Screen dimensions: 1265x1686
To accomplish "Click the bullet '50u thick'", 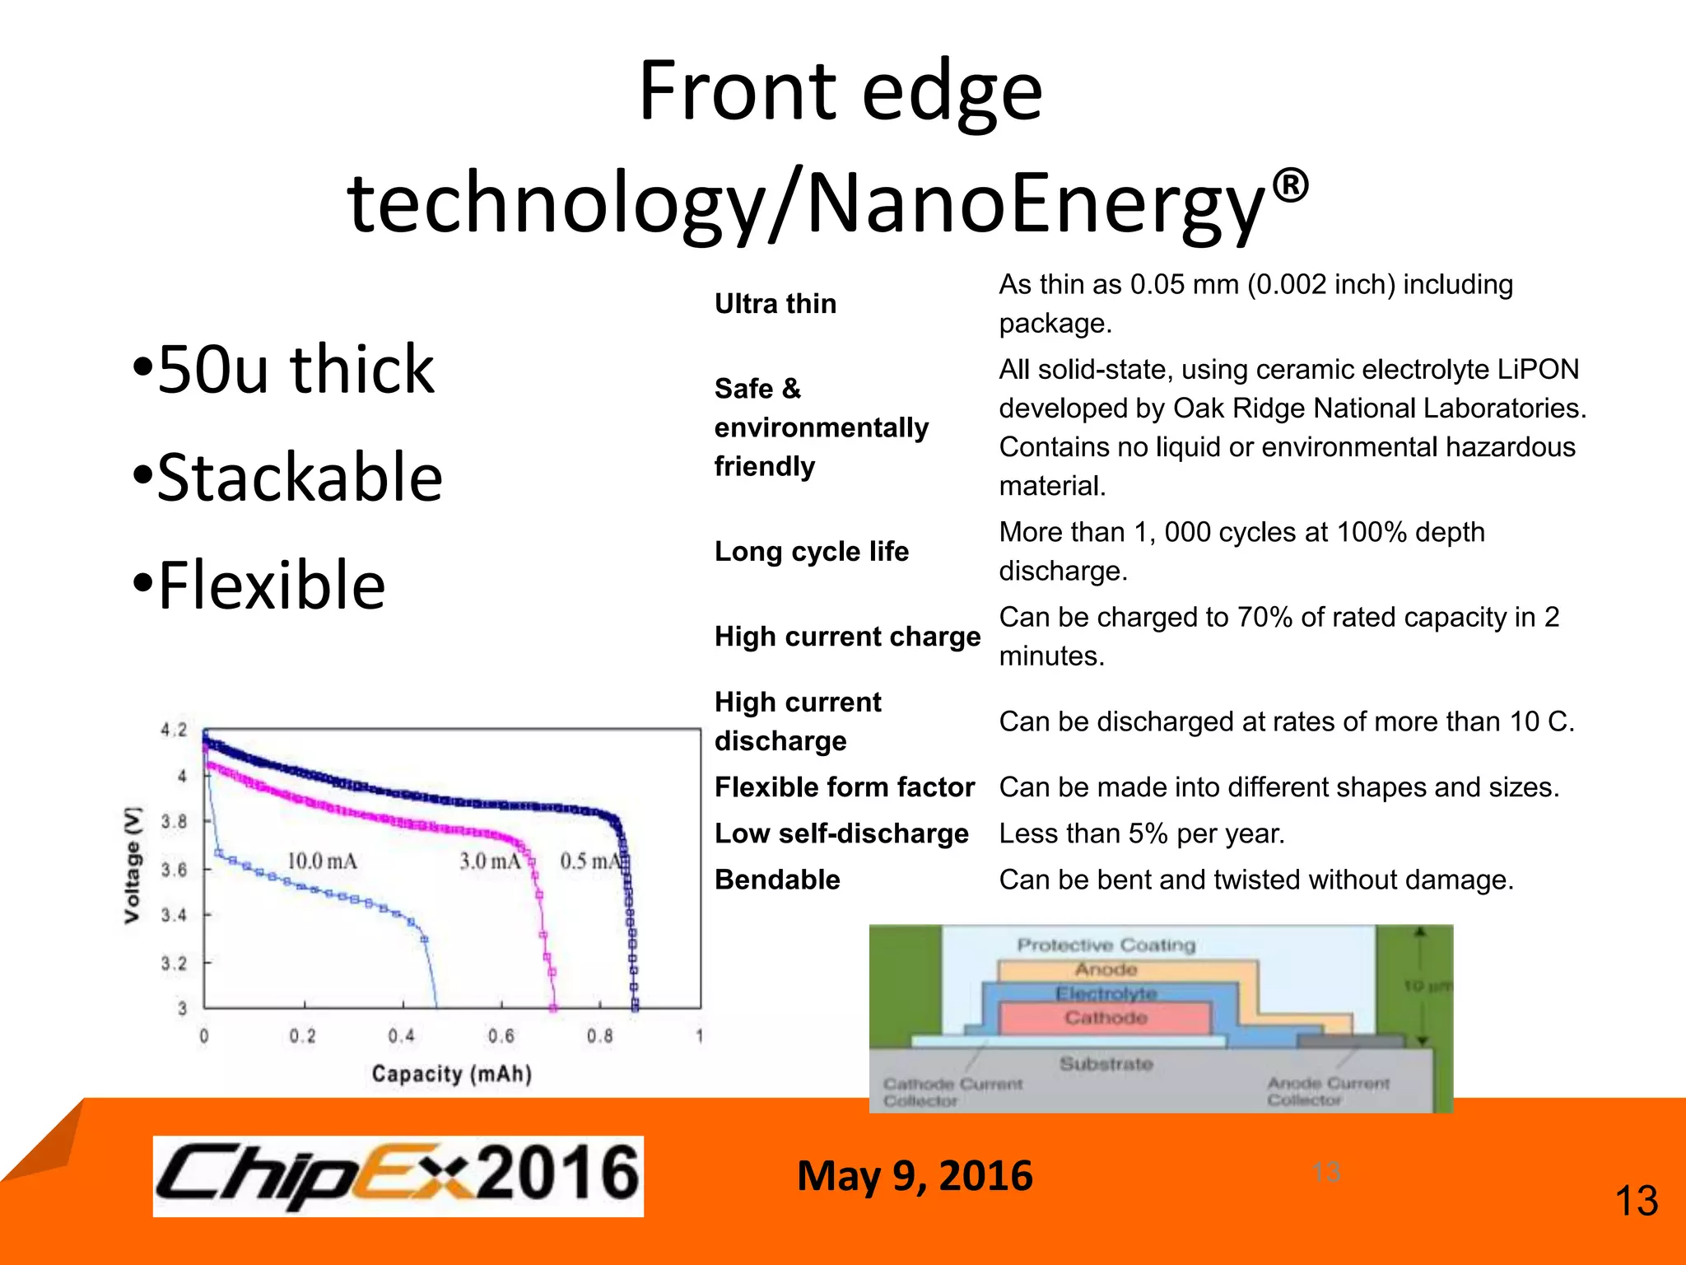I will click(284, 371).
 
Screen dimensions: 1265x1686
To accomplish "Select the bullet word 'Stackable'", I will click(288, 478).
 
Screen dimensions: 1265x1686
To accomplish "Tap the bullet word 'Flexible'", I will click(260, 586).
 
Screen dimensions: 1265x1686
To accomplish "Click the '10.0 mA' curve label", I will click(322, 861).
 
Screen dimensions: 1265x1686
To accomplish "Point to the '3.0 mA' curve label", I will click(491, 861).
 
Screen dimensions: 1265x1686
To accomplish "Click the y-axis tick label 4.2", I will click(174, 730).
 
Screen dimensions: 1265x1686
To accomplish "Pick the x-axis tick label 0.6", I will click(501, 1035).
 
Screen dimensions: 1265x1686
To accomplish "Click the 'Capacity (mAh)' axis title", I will click(451, 1074).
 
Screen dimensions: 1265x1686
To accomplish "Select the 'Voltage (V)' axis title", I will click(133, 865).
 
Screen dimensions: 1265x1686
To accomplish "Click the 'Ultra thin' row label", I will click(775, 304).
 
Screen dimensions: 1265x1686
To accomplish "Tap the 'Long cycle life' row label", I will click(812, 551).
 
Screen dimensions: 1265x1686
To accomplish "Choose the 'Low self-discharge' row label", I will click(841, 833).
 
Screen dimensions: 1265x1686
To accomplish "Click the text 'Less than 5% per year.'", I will click(1142, 833).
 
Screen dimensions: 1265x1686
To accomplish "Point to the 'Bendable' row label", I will click(777, 880).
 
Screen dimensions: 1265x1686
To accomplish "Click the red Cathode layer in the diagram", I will click(1106, 1018).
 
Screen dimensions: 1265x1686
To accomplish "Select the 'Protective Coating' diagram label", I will click(1106, 945).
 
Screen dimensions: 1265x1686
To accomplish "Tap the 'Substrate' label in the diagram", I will click(1106, 1063).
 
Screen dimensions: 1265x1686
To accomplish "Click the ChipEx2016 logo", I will click(398, 1175).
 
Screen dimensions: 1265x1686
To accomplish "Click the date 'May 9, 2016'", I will click(915, 1175).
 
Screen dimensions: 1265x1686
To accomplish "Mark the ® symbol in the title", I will click(1290, 185).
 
